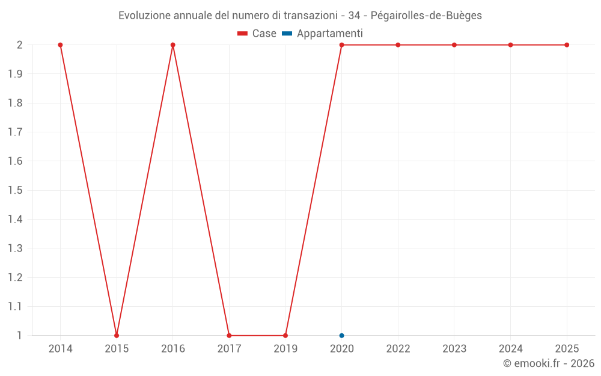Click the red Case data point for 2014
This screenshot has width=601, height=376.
pyautogui.click(x=60, y=45)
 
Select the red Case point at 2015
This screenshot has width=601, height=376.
pyautogui.click(x=117, y=335)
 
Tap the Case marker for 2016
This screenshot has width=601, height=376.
pyautogui.click(x=173, y=45)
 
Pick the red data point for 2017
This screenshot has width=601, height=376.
pyautogui.click(x=229, y=335)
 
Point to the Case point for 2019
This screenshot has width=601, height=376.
pyautogui.click(x=285, y=335)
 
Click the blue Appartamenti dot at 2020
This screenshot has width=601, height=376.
pyautogui.click(x=341, y=335)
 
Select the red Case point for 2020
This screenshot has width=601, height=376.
pyautogui.click(x=341, y=45)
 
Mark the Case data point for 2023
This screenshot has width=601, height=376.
pyautogui.click(x=454, y=45)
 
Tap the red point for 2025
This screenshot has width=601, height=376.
pyautogui.click(x=567, y=45)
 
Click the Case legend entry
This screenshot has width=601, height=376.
pyautogui.click(x=257, y=34)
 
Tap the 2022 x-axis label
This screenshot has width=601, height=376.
pyautogui.click(x=398, y=349)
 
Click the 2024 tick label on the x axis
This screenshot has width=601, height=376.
pyautogui.click(x=510, y=349)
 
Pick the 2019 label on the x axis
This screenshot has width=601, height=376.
pyautogui.click(x=285, y=349)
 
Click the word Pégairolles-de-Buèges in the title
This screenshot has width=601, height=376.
pyautogui.click(x=431, y=16)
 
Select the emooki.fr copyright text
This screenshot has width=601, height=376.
pyautogui.click(x=549, y=363)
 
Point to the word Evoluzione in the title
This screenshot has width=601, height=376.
pyautogui.click(x=144, y=16)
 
